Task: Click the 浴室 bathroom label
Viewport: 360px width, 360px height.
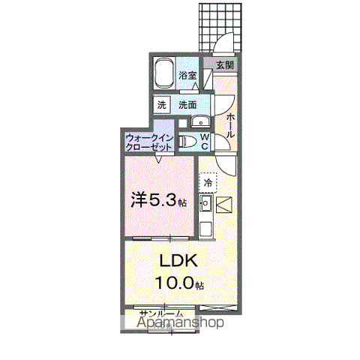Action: point(187,75)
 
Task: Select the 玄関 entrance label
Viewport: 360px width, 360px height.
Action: point(225,65)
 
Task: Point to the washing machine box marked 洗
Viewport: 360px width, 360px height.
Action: point(163,105)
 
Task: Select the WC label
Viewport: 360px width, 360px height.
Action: point(205,142)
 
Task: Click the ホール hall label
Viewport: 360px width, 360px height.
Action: point(230,124)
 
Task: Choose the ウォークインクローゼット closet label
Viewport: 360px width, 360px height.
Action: point(150,142)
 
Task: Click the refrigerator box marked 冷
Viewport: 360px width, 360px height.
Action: point(206,182)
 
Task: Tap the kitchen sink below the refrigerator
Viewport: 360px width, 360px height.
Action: point(205,202)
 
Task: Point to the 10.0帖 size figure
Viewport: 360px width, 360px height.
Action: point(179,283)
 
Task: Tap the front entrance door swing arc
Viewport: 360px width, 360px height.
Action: point(223,43)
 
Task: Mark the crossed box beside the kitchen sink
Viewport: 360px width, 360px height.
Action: point(225,202)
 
